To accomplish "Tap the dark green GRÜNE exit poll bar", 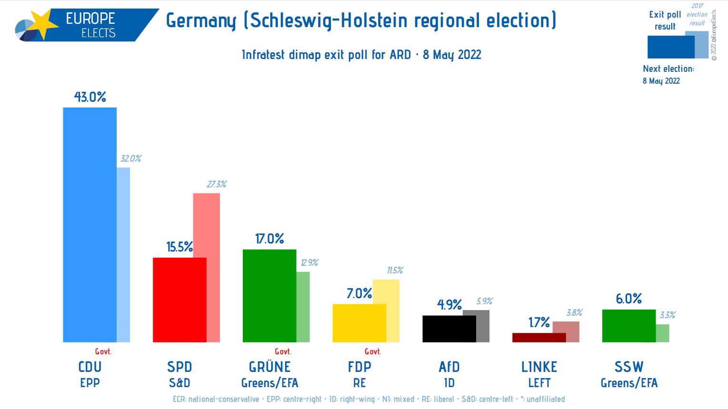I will click(269, 295).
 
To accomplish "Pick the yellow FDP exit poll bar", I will click(359, 323).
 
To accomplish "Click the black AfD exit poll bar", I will click(449, 329).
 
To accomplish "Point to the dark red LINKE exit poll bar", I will click(539, 337).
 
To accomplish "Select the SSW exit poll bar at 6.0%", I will click(628, 326).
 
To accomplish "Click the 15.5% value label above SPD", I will click(180, 247).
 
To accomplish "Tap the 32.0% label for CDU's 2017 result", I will click(130, 158).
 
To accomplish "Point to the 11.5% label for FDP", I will click(395, 270).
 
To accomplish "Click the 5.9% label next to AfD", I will click(484, 301).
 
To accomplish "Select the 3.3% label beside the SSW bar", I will click(667, 315).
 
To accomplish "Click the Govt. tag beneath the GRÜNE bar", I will click(283, 351).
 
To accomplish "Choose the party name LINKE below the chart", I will click(539, 367).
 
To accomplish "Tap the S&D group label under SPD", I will click(180, 383).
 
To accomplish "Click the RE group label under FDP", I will click(359, 383).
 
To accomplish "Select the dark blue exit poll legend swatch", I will click(670, 47).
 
